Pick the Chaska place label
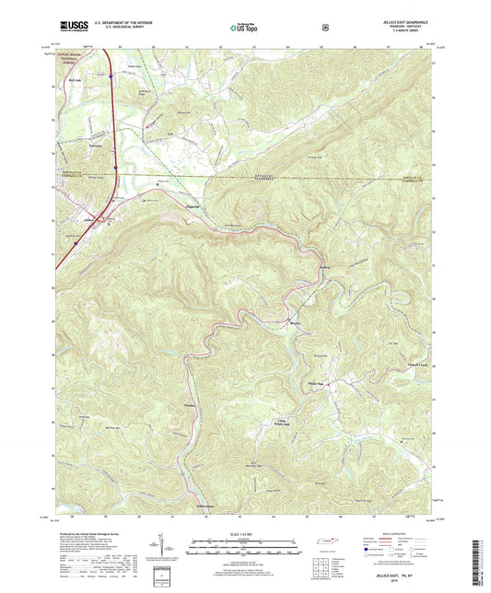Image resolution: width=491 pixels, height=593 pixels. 193,404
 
